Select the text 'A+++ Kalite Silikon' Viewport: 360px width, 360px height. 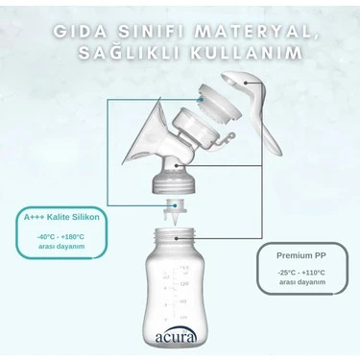(60, 218)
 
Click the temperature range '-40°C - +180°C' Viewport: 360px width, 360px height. (60, 236)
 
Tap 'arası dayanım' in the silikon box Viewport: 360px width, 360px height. (60, 246)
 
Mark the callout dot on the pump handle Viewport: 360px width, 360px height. (249, 84)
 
